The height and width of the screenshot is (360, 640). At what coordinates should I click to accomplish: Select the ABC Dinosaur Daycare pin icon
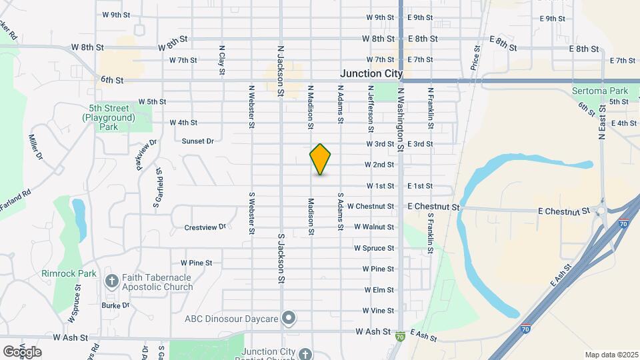click(x=289, y=318)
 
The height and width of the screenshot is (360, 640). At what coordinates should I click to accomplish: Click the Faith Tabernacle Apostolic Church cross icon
click(x=111, y=281)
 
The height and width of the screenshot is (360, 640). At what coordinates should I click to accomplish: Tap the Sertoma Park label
click(x=600, y=91)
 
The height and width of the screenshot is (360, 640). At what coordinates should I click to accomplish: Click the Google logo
click(x=22, y=351)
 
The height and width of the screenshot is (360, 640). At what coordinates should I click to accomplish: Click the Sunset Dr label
click(x=197, y=141)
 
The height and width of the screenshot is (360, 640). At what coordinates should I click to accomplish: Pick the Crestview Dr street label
click(x=205, y=227)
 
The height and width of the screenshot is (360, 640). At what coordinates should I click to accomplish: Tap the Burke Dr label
click(x=116, y=305)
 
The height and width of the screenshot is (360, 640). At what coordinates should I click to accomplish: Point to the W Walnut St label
click(x=374, y=227)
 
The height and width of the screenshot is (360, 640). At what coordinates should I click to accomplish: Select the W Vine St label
click(x=379, y=311)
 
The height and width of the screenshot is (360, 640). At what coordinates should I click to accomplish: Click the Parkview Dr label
click(x=147, y=154)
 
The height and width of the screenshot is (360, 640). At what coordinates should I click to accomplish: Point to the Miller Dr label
click(x=35, y=147)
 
